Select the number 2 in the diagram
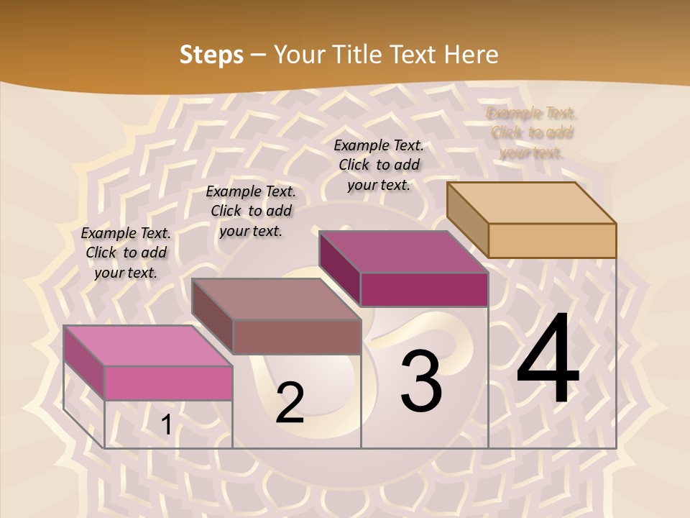(290, 403)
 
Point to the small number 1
(166, 424)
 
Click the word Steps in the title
(211, 55)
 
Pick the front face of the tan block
(552, 240)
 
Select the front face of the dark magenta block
(424, 289)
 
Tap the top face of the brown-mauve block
(276, 299)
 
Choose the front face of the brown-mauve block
(296, 337)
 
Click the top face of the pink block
(148, 345)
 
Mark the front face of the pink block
(168, 383)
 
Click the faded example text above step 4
(532, 132)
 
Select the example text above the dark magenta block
(379, 165)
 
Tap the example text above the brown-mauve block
(251, 211)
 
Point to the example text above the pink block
(126, 253)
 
